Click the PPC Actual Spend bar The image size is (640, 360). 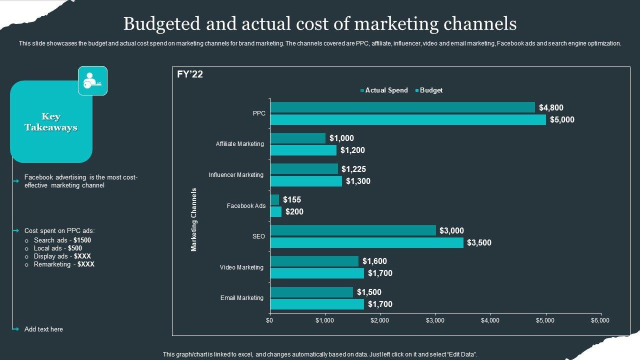(x=402, y=107)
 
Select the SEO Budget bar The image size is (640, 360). (x=366, y=243)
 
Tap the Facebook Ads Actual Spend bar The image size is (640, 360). (x=274, y=200)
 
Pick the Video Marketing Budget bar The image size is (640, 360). (x=317, y=273)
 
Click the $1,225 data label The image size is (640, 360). (x=353, y=169)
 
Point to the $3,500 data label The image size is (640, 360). (x=479, y=243)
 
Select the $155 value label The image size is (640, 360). (x=292, y=200)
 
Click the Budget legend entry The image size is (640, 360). (x=430, y=90)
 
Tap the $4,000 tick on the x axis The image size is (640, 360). (x=490, y=320)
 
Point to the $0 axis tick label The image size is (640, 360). (x=269, y=320)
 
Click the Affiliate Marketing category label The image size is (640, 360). (x=239, y=144)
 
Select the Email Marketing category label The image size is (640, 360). (x=241, y=298)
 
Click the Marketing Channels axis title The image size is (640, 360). (x=194, y=219)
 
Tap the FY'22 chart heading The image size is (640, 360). (x=190, y=74)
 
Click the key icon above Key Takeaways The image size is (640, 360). (x=92, y=80)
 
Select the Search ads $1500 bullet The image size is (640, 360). (x=62, y=240)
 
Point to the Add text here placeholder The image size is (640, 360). (x=43, y=329)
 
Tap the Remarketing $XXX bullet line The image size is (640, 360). (x=63, y=264)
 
